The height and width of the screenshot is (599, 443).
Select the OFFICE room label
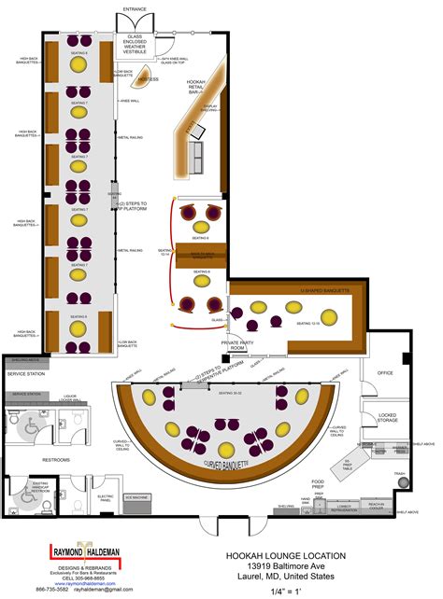click(383, 373)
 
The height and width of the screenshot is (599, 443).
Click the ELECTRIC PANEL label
click(106, 497)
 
